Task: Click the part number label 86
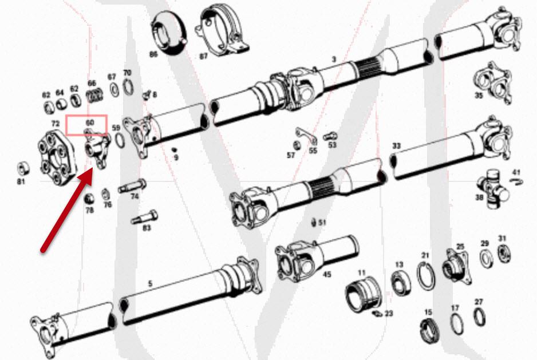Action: point(153,54)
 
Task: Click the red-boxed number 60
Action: point(89,122)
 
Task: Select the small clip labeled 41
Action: point(516,181)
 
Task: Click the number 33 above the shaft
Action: point(396,146)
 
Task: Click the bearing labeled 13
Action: point(398,282)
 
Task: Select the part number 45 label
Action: point(327,274)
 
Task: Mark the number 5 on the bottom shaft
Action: point(151,283)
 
